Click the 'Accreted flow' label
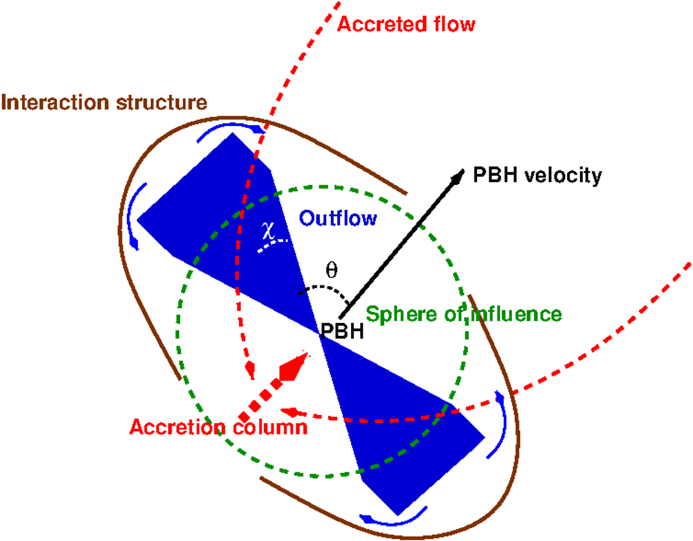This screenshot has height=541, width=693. (405, 24)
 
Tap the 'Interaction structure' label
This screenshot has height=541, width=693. (104, 103)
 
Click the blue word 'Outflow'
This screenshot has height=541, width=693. (338, 218)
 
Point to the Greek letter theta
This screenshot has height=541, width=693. (332, 269)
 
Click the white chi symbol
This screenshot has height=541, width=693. (266, 232)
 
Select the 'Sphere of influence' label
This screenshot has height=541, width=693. (464, 314)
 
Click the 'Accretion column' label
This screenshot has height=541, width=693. (218, 427)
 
